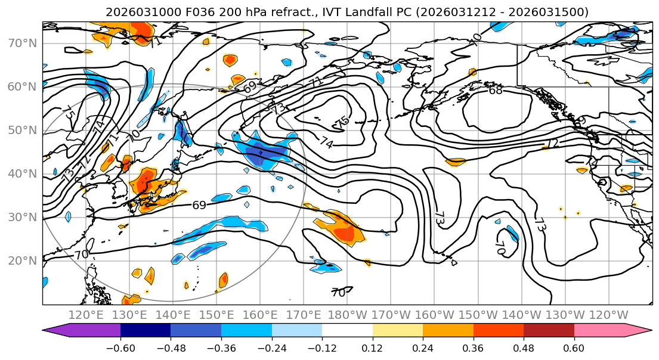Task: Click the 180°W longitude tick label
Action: [x=347, y=315]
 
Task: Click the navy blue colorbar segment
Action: [x=146, y=331]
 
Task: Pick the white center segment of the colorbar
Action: [x=347, y=331]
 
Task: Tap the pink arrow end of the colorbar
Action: [x=611, y=331]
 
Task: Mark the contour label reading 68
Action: [x=496, y=91]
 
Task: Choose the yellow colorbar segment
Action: [x=397, y=331]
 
